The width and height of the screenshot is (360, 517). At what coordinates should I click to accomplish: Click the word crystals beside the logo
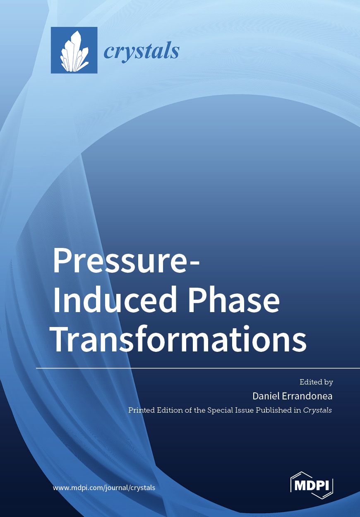(142, 51)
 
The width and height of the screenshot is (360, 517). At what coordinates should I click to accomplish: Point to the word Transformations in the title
(180, 339)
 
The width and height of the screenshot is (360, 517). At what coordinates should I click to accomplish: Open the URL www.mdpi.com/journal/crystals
(104, 488)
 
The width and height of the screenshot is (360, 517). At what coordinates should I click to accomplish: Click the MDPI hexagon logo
(312, 485)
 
